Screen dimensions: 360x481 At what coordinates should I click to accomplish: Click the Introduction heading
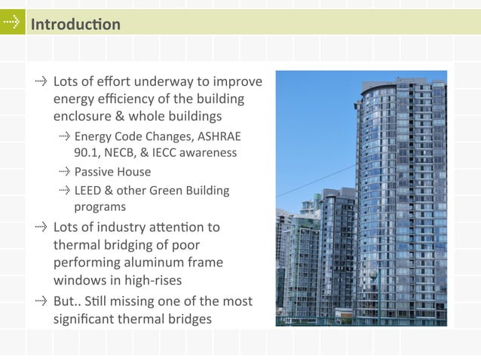(75, 24)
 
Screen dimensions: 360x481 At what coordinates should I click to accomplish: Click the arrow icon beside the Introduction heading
(11, 23)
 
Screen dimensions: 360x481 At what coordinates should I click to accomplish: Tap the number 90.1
(87, 153)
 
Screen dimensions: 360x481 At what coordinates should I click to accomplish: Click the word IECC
(167, 153)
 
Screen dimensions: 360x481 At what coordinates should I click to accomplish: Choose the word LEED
(89, 191)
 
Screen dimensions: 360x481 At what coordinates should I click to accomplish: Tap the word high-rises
(155, 280)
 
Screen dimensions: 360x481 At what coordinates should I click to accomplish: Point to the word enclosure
(82, 117)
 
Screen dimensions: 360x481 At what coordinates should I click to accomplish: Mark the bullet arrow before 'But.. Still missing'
(41, 301)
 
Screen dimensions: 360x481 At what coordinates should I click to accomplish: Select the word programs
(100, 206)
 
